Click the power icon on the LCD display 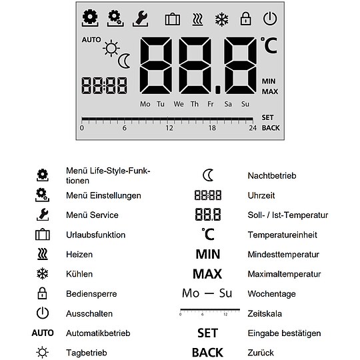coord(269,19)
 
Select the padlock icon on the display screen coord(245,19)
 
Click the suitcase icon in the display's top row coord(172,19)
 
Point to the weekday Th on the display coord(195,104)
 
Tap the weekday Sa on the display coord(228,104)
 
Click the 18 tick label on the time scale coord(212,128)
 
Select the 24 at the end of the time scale coord(253,128)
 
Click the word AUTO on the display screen coord(91,40)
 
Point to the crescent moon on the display coord(125,61)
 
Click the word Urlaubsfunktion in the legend coord(95,235)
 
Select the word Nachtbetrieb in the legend coord(271,176)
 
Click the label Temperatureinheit coord(283,235)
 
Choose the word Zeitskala coord(264,313)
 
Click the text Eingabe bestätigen coord(284,333)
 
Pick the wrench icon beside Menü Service coord(42,215)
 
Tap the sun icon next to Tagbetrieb coord(43,352)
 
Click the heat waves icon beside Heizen coord(43,254)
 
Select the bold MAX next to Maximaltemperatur coord(207,274)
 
